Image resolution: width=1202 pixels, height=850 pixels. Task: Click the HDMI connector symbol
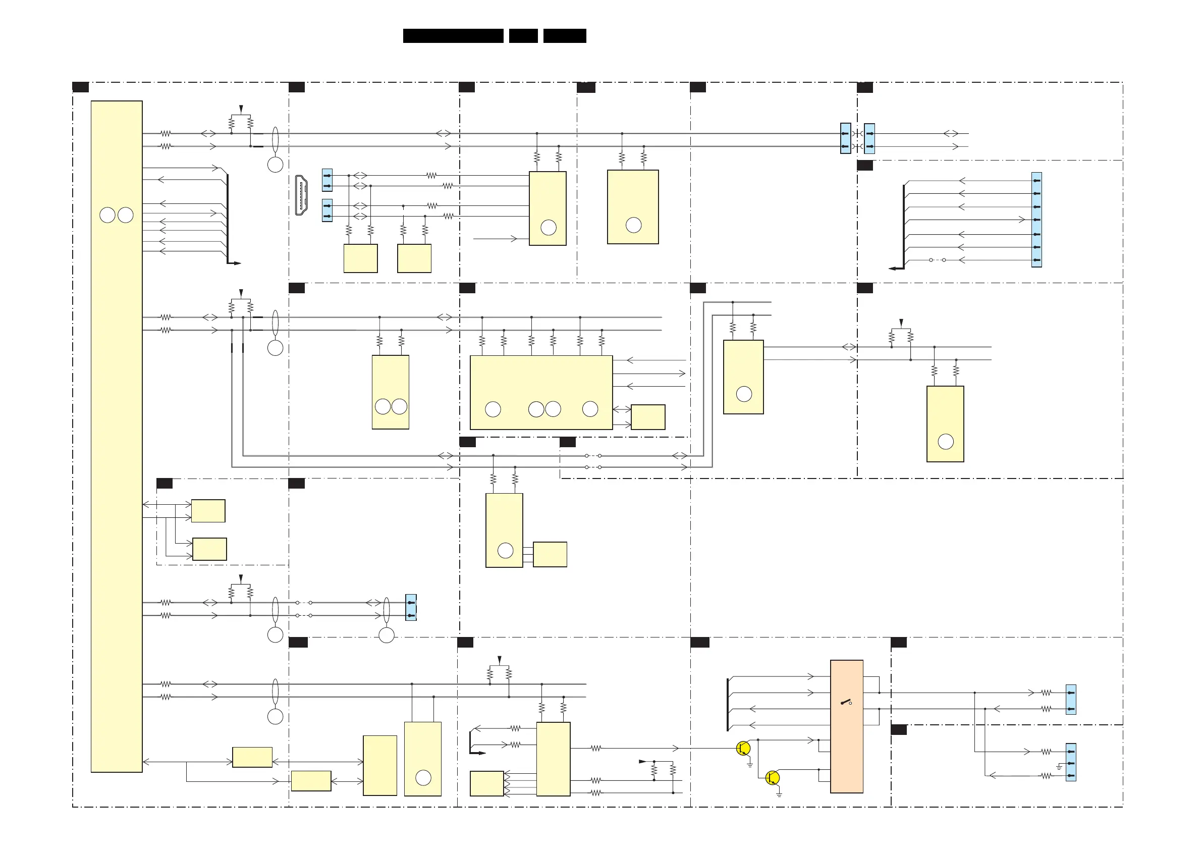301,195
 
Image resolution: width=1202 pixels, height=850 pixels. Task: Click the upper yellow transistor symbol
743,749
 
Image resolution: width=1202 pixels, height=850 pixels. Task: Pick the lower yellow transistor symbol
772,778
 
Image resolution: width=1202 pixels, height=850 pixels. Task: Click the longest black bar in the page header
453,36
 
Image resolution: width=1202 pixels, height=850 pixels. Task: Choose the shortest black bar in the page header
523,36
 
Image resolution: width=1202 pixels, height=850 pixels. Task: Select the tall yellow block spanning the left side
116,436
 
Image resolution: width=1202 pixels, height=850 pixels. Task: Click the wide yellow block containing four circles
541,392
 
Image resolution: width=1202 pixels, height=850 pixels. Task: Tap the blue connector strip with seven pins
1036,220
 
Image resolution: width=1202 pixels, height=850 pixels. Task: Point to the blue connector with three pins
1071,762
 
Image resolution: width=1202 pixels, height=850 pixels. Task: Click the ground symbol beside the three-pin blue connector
1059,767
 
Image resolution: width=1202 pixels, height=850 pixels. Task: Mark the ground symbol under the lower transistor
779,794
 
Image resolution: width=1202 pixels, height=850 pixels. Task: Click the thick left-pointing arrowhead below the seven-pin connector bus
894,268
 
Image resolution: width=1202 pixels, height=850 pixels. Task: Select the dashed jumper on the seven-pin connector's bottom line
937,260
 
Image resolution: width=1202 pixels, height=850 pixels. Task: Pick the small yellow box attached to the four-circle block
647,417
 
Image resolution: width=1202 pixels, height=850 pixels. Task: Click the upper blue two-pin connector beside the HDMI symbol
327,180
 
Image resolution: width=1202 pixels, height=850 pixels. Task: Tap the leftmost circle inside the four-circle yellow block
493,409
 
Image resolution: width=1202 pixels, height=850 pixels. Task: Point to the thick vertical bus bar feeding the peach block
728,704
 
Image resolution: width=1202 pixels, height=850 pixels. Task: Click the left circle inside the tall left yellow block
107,215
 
